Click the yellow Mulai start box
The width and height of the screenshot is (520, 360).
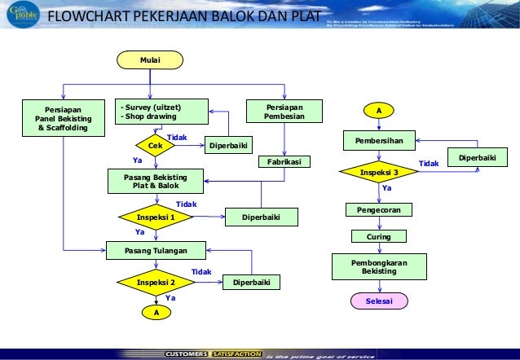[x=150, y=59]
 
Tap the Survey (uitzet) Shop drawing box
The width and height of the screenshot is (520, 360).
[x=161, y=112]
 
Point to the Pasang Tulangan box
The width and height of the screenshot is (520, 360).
[x=156, y=250]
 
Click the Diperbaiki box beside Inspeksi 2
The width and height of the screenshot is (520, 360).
[x=253, y=283]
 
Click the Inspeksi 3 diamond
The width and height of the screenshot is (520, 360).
[x=378, y=173]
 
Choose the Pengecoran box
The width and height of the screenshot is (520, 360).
[x=378, y=210]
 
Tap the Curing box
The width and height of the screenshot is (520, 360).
[x=378, y=236]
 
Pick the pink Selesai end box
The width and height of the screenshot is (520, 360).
[x=378, y=301]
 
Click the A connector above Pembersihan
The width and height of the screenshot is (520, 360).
[x=378, y=109]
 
